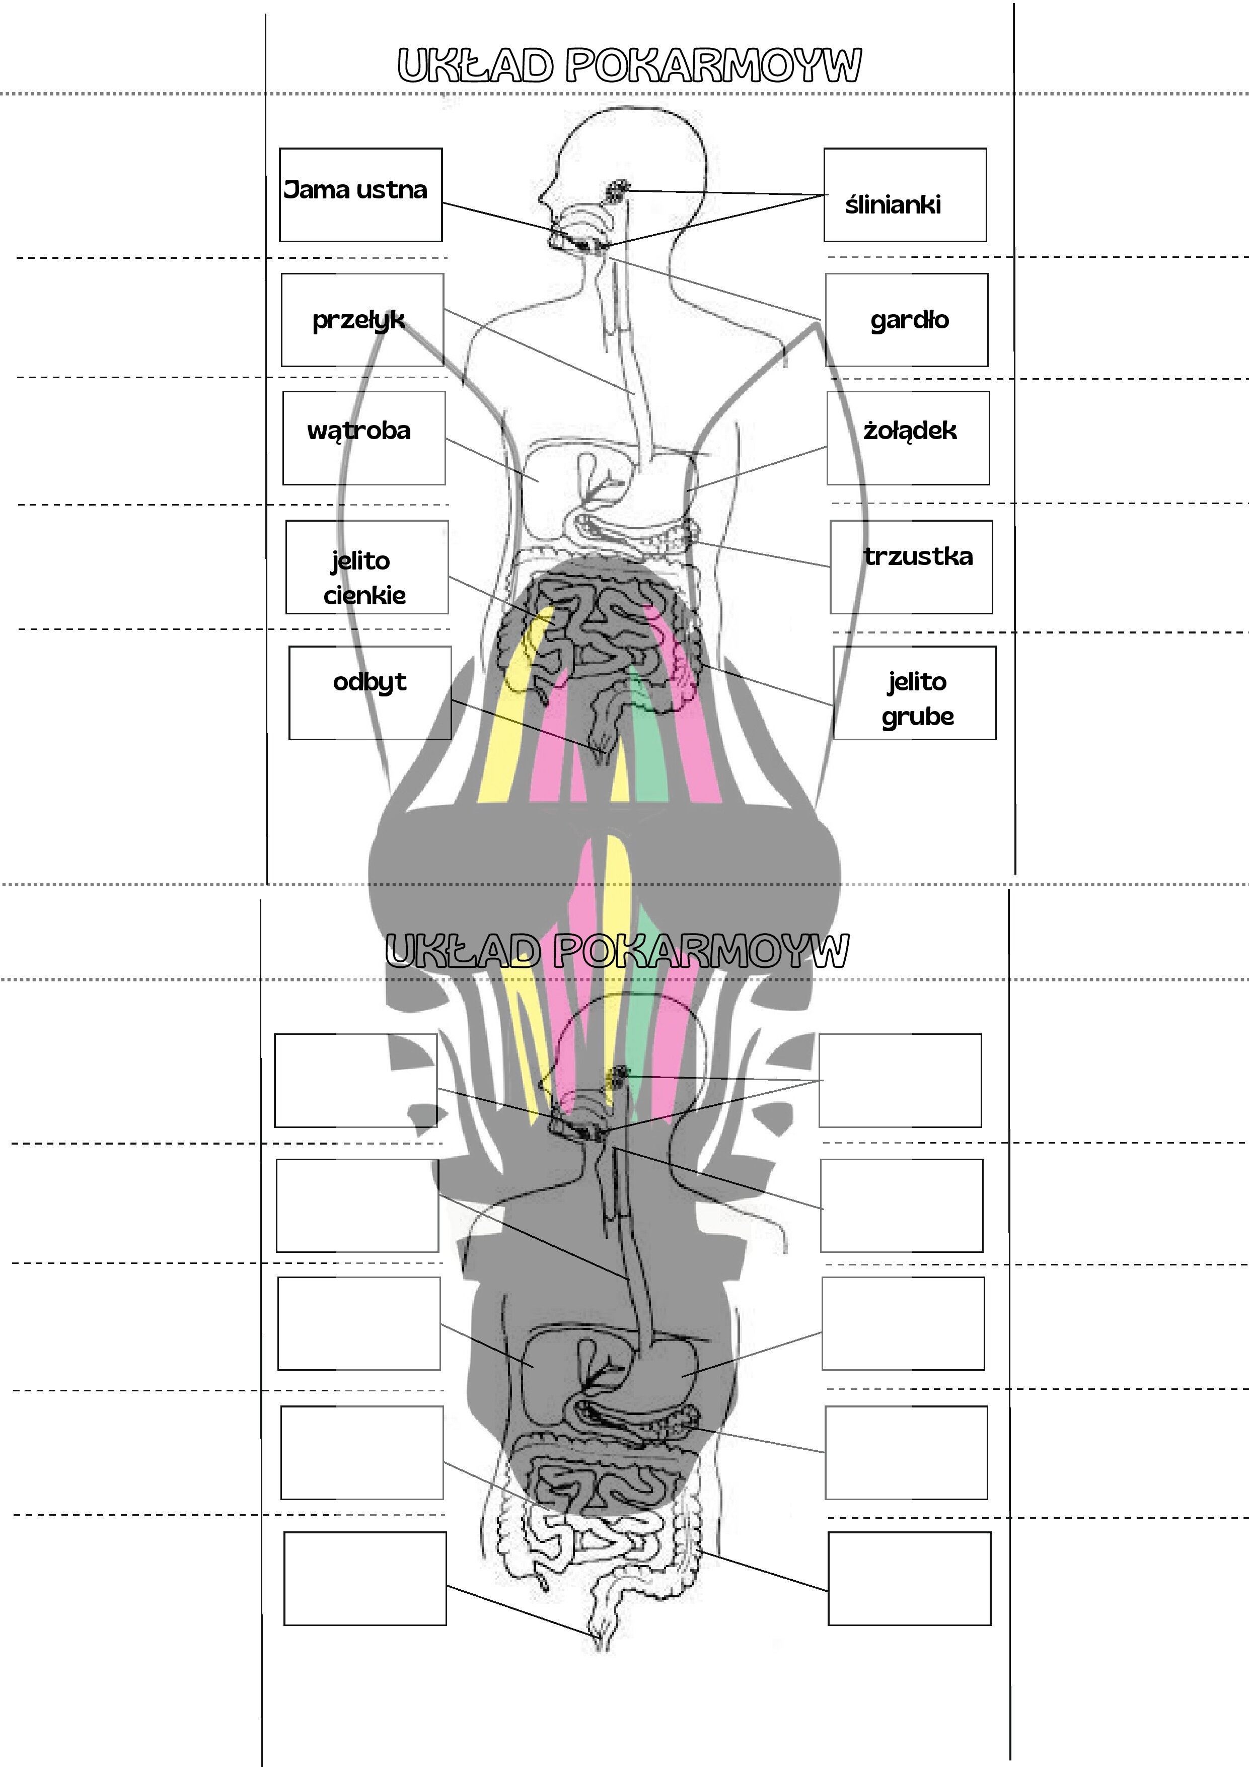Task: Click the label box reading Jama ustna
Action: click(x=355, y=190)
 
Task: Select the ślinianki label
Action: click(x=893, y=205)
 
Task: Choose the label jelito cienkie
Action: click(x=363, y=577)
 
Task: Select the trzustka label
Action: click(x=917, y=556)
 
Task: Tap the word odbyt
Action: click(x=370, y=682)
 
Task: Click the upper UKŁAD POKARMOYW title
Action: click(x=629, y=65)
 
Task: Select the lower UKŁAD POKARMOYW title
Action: click(x=616, y=951)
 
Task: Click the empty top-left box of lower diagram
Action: click(x=355, y=1081)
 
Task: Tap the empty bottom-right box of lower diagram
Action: click(x=909, y=1579)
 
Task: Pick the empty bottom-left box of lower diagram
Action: click(x=365, y=1579)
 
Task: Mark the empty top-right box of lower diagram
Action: click(x=900, y=1081)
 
